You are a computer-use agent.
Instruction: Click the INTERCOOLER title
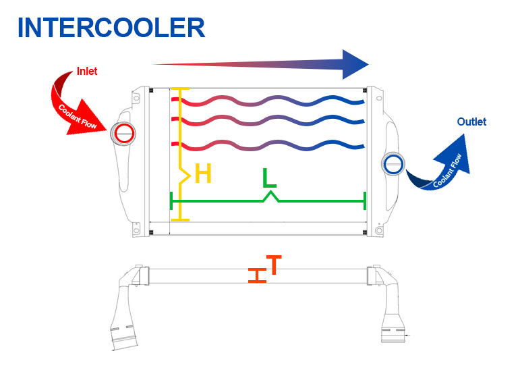(111, 28)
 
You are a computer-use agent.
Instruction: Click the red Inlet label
(87, 71)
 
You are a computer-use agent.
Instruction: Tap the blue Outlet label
(471, 122)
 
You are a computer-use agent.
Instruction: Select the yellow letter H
(203, 174)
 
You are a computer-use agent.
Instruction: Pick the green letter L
(269, 178)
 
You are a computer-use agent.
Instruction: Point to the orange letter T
(273, 265)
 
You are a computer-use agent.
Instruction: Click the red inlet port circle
(123, 133)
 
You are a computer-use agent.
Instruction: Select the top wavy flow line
(270, 102)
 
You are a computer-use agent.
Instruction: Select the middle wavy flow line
(270, 122)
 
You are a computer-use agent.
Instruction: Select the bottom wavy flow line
(270, 144)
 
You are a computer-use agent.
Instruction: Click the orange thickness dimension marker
(256, 275)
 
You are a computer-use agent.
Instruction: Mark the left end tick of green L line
(172, 201)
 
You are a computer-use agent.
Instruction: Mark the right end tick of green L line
(365, 201)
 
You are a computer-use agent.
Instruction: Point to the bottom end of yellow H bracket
(180, 219)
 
